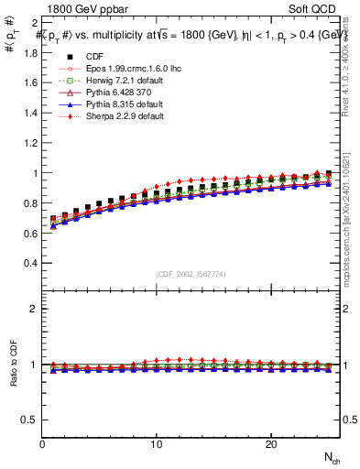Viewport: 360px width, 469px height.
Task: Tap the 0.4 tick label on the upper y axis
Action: tap(29, 263)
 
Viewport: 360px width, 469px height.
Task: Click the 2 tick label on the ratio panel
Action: tap(33, 309)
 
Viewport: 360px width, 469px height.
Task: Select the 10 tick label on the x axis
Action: tap(157, 444)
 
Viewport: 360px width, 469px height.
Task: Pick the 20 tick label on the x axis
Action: tap(271, 444)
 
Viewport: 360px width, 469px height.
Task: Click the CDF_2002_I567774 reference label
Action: tap(190, 274)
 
